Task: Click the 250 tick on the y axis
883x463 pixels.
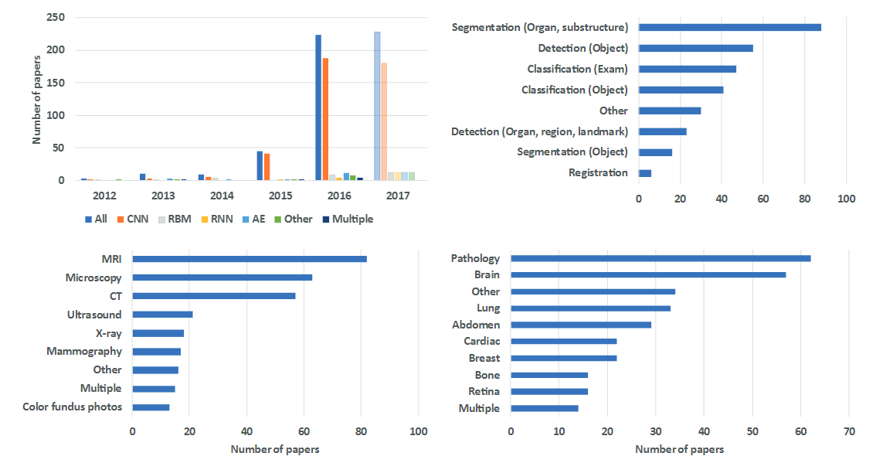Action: [x=56, y=17]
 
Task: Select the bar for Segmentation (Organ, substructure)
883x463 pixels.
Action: [x=730, y=27]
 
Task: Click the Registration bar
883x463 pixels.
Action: [x=645, y=173]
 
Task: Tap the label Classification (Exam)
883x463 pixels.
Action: [x=577, y=69]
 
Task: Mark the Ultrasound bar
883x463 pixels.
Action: [x=162, y=315]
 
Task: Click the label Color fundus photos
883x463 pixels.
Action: [x=72, y=407]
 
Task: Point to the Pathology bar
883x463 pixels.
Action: [x=661, y=258]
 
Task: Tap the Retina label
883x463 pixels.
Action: [x=484, y=391]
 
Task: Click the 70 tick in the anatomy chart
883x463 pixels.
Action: [x=849, y=431]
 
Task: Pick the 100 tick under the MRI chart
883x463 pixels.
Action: [x=419, y=431]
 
